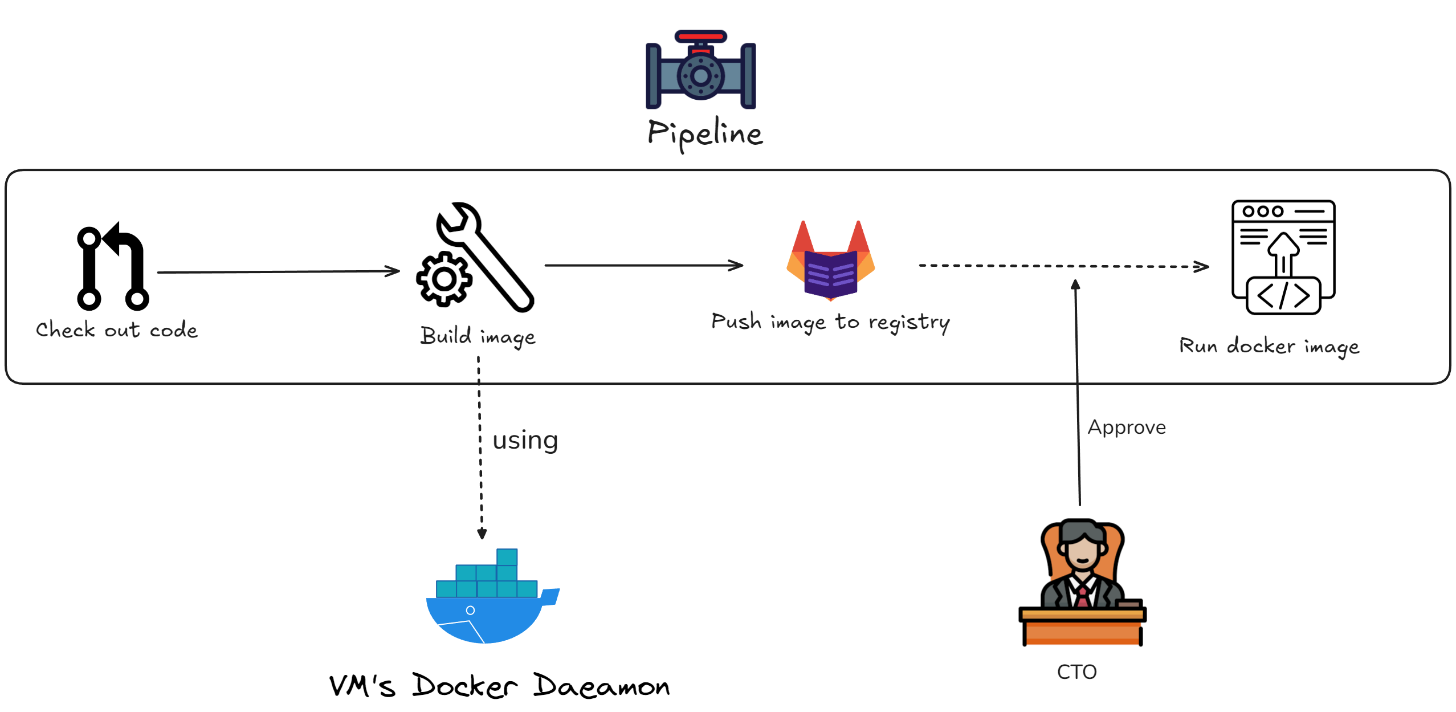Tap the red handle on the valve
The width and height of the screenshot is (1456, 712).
pos(700,36)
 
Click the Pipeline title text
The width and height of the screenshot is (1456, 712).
pos(705,135)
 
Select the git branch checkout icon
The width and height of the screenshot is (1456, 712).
pos(112,267)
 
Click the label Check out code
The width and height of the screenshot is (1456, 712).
pos(117,330)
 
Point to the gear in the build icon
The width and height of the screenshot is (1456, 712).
pos(444,279)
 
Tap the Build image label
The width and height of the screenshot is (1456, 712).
pos(478,336)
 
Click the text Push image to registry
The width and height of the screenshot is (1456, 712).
pos(830,323)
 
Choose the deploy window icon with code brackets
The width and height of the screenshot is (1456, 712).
pos(1283,257)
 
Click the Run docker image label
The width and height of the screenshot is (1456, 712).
pos(1269,347)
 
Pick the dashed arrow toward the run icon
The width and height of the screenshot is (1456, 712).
pos(1063,266)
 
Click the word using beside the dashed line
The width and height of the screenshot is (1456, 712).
pos(525,440)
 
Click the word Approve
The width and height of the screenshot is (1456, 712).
pos(1126,428)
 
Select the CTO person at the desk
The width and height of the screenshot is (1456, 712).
pos(1081,581)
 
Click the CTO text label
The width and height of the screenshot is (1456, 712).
pos(1076,672)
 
